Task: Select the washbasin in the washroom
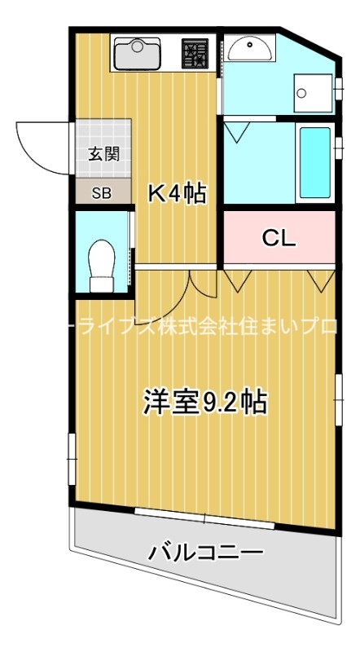tap(250, 50)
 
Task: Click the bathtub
tap(314, 163)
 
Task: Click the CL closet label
tap(279, 238)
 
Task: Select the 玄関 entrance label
tap(104, 154)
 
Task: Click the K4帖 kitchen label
tap(176, 193)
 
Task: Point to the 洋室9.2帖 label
tap(204, 401)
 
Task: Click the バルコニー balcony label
tap(205, 554)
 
